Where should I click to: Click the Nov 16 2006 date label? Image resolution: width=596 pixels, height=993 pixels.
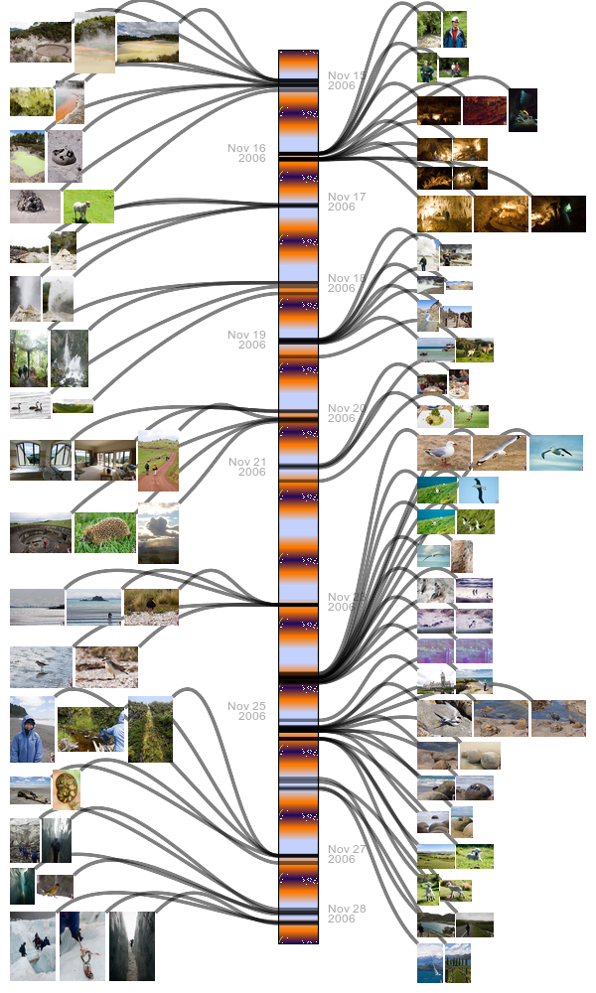[246, 153]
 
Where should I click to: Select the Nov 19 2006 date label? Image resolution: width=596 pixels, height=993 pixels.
[246, 340]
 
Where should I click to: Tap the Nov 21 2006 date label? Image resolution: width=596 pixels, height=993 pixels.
[247, 467]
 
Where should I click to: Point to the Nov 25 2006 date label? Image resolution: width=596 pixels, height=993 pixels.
[246, 711]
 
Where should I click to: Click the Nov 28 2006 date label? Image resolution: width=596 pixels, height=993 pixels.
[347, 914]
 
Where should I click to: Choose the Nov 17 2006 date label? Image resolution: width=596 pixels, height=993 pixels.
[347, 202]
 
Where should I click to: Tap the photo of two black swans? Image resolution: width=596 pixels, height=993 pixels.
[30, 404]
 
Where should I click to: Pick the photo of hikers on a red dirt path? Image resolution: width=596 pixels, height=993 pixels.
[158, 461]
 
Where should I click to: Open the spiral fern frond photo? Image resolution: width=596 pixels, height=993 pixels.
[66, 789]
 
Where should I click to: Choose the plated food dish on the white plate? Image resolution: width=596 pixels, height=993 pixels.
[436, 416]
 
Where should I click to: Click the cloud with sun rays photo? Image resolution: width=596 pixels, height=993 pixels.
[158, 532]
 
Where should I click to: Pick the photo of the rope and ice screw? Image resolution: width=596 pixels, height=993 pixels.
[81, 938]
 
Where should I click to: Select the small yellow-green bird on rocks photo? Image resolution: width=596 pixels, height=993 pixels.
[55, 886]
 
